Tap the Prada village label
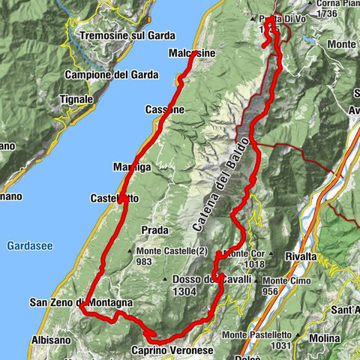(151, 229)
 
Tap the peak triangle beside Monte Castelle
(131, 250)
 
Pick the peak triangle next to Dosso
(165, 279)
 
